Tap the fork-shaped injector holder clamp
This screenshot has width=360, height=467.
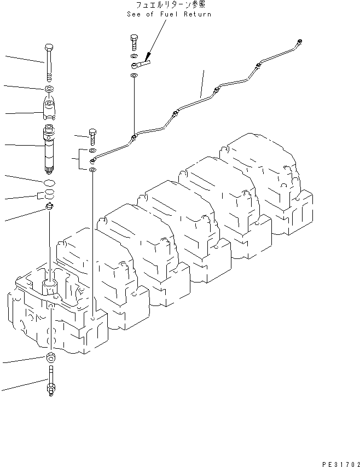tap(50, 106)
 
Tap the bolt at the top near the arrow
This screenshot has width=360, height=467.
tap(135, 42)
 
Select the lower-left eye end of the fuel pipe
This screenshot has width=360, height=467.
tap(93, 160)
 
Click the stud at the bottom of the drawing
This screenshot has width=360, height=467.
tap(51, 383)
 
